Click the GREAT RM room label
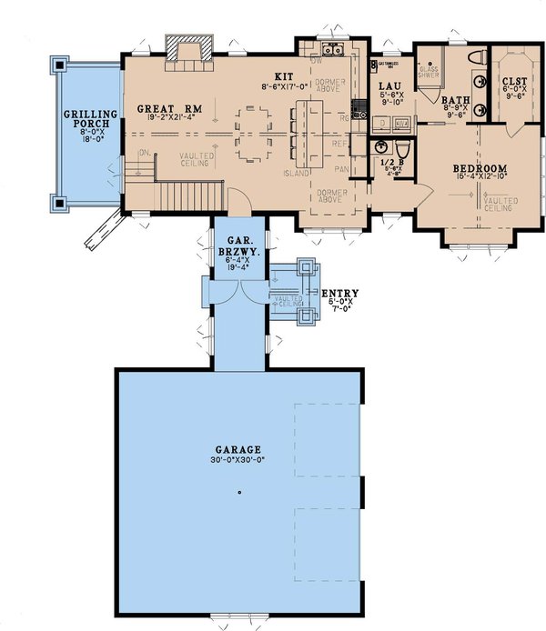[x=161, y=109]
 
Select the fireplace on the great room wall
[x=188, y=48]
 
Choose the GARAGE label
[x=240, y=449]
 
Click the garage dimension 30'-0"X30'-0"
[x=240, y=459]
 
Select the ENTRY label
[x=340, y=293]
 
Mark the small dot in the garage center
[x=238, y=493]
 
